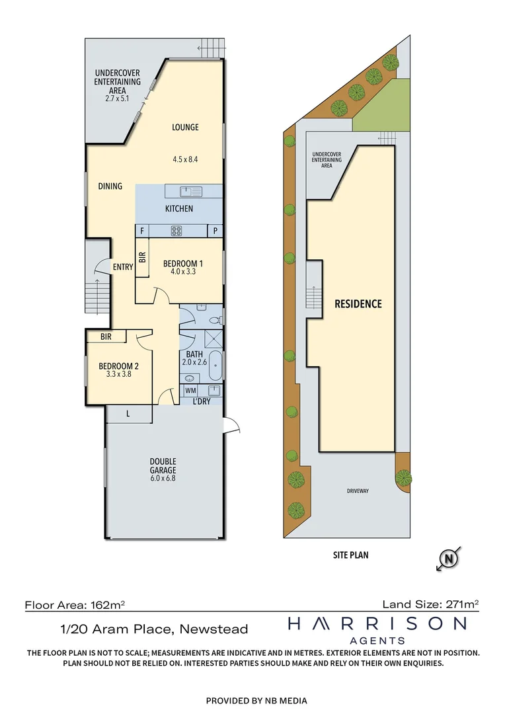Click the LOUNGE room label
pyautogui.click(x=185, y=128)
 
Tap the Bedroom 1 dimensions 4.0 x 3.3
pyautogui.click(x=183, y=272)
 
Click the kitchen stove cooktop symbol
pyautogui.click(x=177, y=231)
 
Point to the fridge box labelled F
pyautogui.click(x=141, y=231)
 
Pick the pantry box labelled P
pyautogui.click(x=215, y=231)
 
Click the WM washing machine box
pyautogui.click(x=190, y=391)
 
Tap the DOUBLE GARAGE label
pyautogui.click(x=163, y=465)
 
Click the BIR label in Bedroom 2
pyautogui.click(x=106, y=337)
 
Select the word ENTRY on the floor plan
pyautogui.click(x=123, y=267)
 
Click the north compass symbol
pyautogui.click(x=449, y=559)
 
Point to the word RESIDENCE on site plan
pyautogui.click(x=358, y=304)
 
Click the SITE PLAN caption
pyautogui.click(x=350, y=555)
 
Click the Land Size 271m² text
pyautogui.click(x=430, y=604)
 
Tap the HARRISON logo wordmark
pyautogui.click(x=377, y=623)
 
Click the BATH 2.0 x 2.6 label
pyautogui.click(x=198, y=358)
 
